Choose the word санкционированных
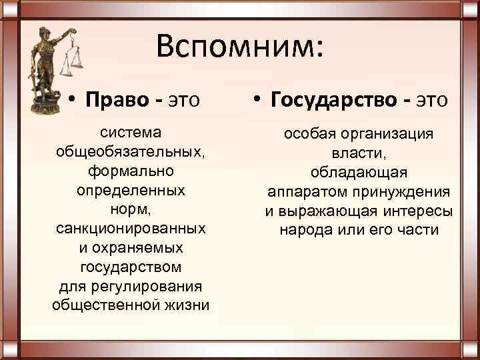(x=130, y=229)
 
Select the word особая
(x=309, y=134)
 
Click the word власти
(x=359, y=153)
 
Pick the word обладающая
(x=359, y=173)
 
